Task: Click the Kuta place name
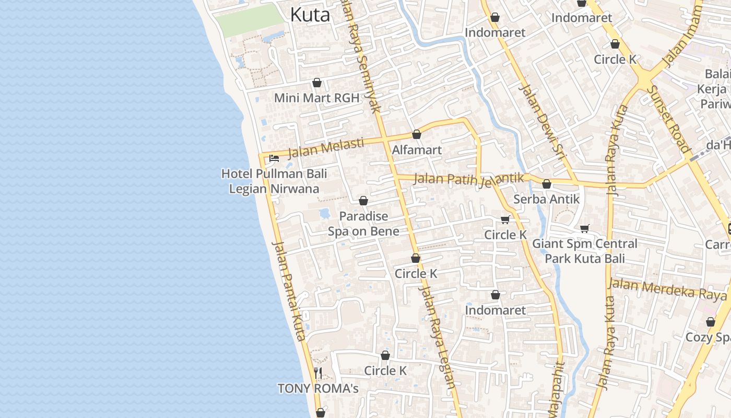[310, 15]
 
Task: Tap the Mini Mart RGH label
[316, 98]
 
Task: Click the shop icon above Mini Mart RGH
[316, 83]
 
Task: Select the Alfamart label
[417, 150]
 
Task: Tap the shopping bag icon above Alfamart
[417, 135]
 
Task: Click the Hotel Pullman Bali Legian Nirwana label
[274, 181]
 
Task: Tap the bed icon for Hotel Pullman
[274, 158]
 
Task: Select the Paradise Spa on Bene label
[363, 224]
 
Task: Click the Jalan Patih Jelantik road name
[468, 179]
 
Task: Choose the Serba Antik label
[546, 199]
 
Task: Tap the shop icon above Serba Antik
[546, 184]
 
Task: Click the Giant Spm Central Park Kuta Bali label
[584, 251]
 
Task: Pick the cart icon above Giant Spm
[584, 228]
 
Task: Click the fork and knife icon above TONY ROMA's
[317, 373]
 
